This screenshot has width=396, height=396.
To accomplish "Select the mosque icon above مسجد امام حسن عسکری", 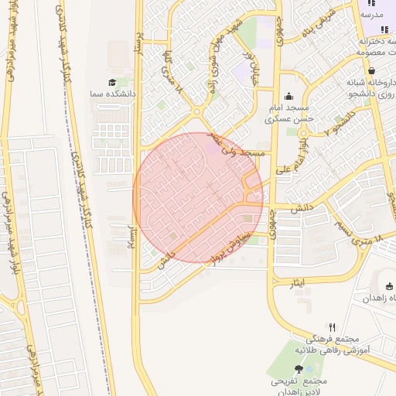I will pos(289,97).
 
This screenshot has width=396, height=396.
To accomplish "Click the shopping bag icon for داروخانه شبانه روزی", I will pos(372,70).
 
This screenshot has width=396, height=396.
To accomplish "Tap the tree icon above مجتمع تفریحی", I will pos(299,370).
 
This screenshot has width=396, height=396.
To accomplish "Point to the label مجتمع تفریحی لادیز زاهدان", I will pos(299,386).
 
